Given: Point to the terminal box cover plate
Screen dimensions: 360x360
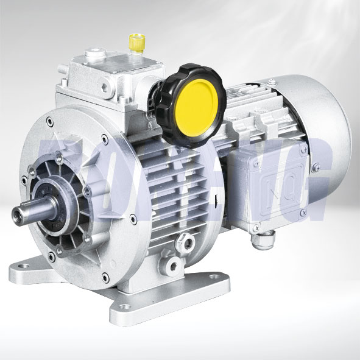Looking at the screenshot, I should point(277,177).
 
